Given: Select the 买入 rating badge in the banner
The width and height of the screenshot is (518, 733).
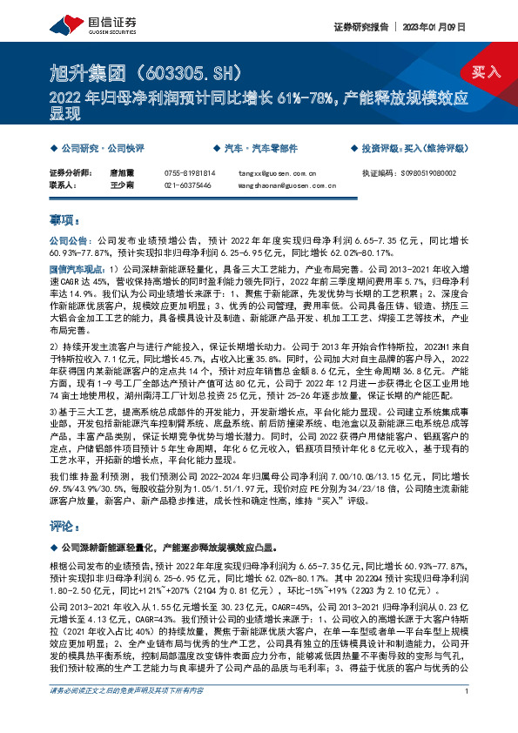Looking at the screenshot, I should [486, 71].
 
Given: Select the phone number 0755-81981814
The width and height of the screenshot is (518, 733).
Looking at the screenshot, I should [191, 173].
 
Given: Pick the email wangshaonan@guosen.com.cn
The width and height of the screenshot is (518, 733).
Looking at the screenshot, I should [286, 185].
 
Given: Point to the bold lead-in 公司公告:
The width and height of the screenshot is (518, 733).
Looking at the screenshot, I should [69, 239].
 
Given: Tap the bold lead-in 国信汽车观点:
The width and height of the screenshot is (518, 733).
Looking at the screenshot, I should [77, 272].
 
